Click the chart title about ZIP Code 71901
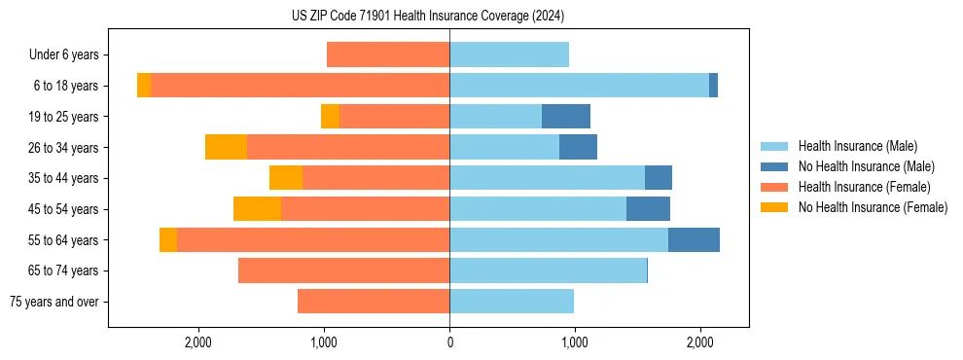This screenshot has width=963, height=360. tap(427, 17)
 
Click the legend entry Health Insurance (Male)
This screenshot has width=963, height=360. tap(857, 146)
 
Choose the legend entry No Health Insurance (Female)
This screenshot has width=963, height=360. tap(873, 207)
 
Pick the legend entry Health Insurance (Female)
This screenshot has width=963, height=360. tap(864, 187)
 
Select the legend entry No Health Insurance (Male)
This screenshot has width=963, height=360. tap(866, 166)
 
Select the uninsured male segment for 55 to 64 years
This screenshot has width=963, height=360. tap(694, 240)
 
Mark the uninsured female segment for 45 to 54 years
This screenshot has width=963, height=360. tap(257, 209)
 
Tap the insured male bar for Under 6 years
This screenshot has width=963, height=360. tap(509, 54)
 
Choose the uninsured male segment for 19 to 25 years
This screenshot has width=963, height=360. tap(566, 117)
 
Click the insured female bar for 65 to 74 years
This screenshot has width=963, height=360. tap(343, 270)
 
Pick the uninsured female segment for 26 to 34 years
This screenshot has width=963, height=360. tap(226, 148)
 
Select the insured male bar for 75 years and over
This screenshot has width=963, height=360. tap(512, 302)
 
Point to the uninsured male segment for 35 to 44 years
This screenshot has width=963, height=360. tap(659, 178)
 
